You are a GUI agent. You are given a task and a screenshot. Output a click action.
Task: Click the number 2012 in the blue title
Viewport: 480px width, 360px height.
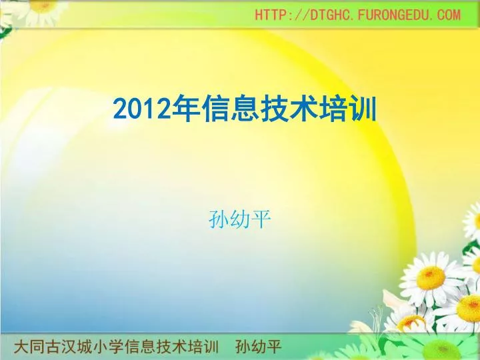tap(142, 109)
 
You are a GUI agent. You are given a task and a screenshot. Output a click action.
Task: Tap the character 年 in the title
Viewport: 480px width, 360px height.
tap(186, 109)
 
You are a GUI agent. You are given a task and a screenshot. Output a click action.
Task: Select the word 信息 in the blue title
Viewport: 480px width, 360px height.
tap(231, 109)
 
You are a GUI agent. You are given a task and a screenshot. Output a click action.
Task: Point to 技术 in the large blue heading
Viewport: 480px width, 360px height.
tap(289, 109)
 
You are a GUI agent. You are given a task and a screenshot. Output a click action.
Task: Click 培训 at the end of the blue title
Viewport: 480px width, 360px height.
tap(348, 109)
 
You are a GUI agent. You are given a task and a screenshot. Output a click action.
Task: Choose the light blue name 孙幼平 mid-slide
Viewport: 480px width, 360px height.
tap(240, 219)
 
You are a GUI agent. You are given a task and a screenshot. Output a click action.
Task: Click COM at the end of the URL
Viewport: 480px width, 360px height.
tap(449, 15)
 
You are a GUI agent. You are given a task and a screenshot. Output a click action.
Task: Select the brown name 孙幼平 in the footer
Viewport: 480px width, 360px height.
tap(259, 347)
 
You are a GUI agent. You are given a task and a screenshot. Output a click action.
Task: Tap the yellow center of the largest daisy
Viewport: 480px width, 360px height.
tap(431, 277)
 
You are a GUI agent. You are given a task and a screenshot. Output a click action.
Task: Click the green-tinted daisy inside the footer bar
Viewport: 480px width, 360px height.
tap(441, 347)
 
